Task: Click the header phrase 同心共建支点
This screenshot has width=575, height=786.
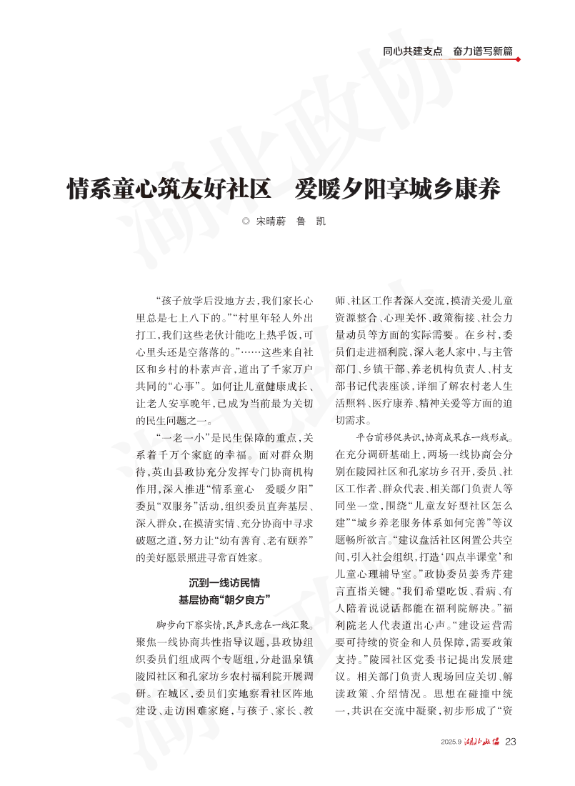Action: pyautogui.click(x=412, y=51)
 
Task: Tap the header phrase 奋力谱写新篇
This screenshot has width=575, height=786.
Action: pyautogui.click(x=482, y=51)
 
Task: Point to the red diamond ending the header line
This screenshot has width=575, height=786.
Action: pyautogui.click(x=518, y=59)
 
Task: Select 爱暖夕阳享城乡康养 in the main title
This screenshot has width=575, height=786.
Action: pyautogui.click(x=398, y=189)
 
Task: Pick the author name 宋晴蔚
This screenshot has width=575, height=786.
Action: pyautogui.click(x=271, y=222)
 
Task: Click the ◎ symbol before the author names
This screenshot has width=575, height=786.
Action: pyautogui.click(x=246, y=222)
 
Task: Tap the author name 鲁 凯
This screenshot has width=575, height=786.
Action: pyautogui.click(x=311, y=222)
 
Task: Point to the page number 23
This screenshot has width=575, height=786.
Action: pyautogui.click(x=510, y=741)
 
